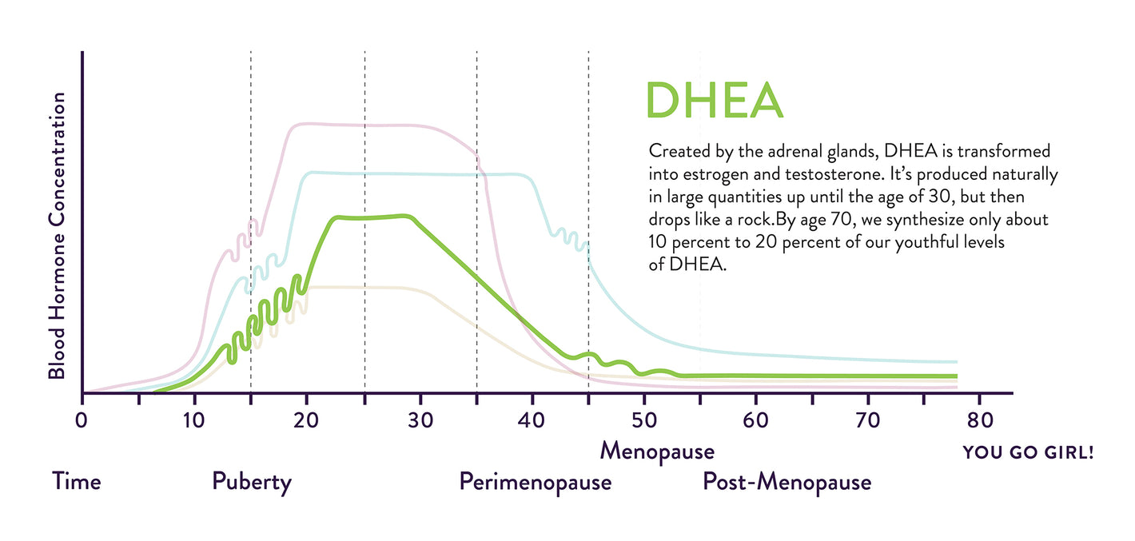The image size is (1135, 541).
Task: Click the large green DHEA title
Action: (714, 101)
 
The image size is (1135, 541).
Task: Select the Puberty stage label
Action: (252, 483)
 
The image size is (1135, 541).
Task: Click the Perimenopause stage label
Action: (536, 483)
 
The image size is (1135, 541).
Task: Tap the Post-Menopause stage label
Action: (787, 483)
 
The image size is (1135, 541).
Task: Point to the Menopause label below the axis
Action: (657, 451)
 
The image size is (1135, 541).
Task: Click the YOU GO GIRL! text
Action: (1028, 453)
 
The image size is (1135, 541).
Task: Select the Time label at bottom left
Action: (77, 482)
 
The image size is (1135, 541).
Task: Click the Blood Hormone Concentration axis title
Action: (57, 236)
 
